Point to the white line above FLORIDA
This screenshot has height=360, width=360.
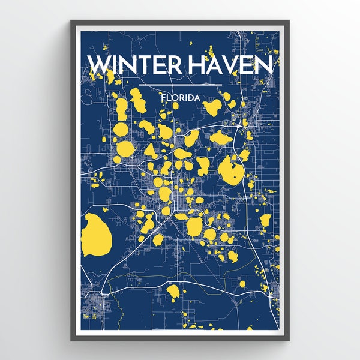click(180, 83)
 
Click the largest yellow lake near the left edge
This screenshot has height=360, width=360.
click(95, 233)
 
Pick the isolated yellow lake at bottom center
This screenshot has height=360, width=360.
click(173, 292)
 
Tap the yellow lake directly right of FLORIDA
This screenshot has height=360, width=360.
click(212, 107)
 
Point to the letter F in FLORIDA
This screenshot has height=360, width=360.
click(163, 95)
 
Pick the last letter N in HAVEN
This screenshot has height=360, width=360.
click(269, 65)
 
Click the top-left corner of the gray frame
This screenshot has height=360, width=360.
click(71, 22)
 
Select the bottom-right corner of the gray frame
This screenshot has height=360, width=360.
click(288, 340)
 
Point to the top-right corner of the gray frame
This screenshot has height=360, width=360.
click(288, 22)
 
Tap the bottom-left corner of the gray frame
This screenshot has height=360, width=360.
click(71, 340)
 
